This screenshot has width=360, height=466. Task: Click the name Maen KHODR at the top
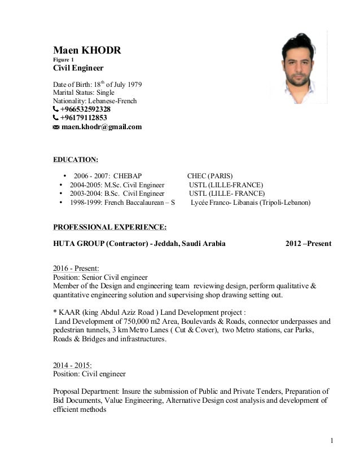click(x=87, y=51)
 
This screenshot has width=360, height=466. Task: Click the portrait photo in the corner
click(x=298, y=68)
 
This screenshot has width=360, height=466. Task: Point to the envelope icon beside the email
click(x=56, y=128)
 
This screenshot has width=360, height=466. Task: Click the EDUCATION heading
click(x=75, y=160)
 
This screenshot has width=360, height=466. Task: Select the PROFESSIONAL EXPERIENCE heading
click(x=109, y=227)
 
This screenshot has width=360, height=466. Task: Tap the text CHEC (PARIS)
click(x=210, y=175)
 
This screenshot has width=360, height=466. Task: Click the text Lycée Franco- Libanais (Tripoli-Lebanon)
click(x=250, y=203)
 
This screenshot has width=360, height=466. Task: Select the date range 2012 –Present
click(x=308, y=244)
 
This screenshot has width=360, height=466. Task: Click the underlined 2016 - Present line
click(x=76, y=269)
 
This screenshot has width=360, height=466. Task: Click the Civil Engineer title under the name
click(x=78, y=68)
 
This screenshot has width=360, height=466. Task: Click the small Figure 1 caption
click(x=63, y=60)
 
